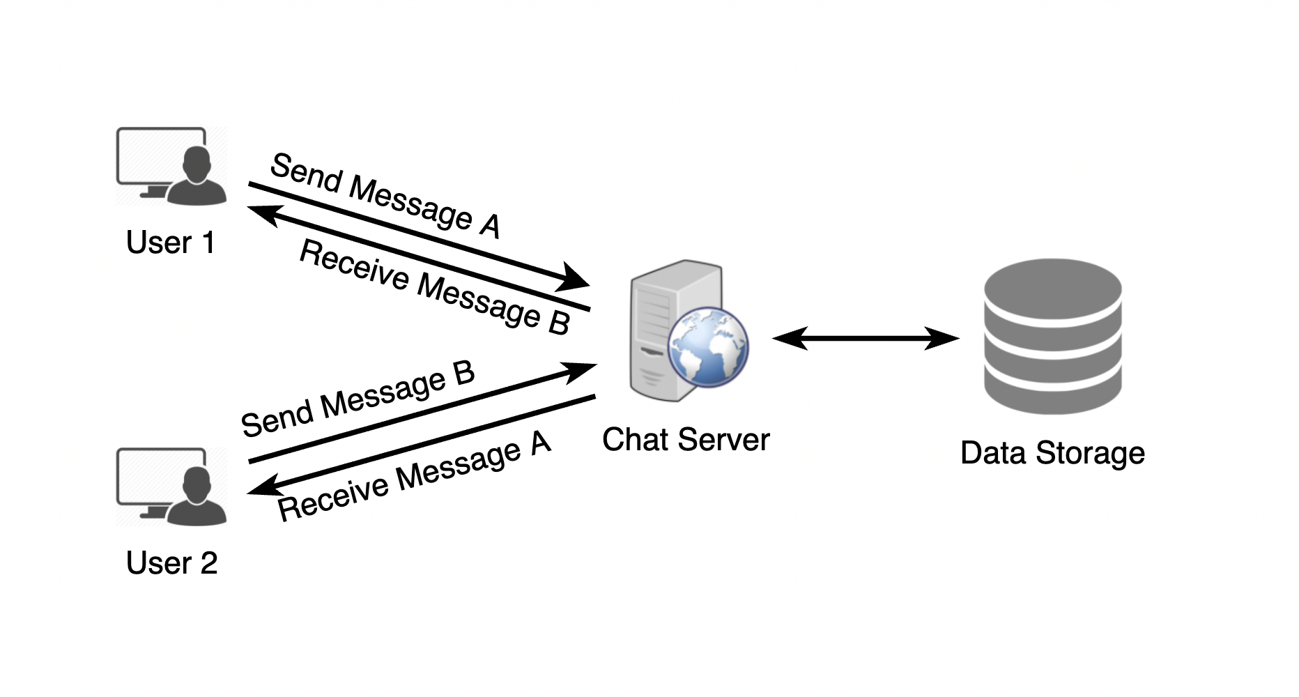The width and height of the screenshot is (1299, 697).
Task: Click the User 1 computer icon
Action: [x=171, y=166]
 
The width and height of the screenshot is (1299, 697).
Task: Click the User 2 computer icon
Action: [x=171, y=487]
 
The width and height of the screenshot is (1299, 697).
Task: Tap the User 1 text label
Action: [x=171, y=243]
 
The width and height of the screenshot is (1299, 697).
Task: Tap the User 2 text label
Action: [x=171, y=563]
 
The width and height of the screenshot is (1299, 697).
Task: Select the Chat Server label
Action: [x=686, y=440]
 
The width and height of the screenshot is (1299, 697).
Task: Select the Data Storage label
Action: [x=1052, y=453]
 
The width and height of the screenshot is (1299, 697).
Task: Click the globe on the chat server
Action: [x=707, y=347]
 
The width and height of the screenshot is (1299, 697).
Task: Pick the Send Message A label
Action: [x=385, y=196]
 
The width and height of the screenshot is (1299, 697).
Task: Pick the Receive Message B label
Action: [x=435, y=286]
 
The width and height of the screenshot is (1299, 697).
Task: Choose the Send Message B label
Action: [x=358, y=399]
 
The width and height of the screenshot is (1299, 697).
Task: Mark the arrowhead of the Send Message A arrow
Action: [x=575, y=279]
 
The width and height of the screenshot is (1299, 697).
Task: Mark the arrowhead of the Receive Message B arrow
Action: [x=263, y=213]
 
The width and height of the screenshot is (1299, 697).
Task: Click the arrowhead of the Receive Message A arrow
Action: [x=263, y=487]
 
